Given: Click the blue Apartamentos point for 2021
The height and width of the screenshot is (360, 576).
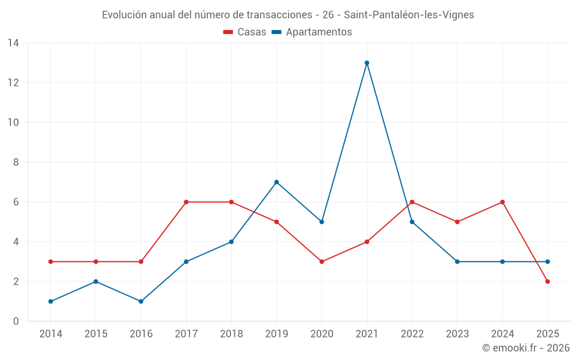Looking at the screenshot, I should tap(367, 63).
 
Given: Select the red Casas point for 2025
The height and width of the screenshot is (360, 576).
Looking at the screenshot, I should tap(548, 282).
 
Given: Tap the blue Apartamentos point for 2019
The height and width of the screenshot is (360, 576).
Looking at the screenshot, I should tap(276, 182).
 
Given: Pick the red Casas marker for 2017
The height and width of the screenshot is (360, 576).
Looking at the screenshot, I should tap(186, 202).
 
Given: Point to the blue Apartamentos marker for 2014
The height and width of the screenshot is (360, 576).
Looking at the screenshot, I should tap(51, 301).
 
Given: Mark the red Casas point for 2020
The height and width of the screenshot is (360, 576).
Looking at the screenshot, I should tap(321, 262).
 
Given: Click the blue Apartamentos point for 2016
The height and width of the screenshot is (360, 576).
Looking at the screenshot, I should tap(141, 301).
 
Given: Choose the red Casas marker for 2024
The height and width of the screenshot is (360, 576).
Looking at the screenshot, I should tap(502, 202).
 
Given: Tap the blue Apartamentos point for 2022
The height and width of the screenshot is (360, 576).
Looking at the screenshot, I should tap(412, 222).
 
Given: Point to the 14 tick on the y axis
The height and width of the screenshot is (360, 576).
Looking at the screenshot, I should tap(13, 43).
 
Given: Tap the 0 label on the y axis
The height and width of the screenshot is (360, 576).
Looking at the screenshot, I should tap(16, 321).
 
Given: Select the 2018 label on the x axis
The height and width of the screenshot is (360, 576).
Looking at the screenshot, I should tap(231, 334).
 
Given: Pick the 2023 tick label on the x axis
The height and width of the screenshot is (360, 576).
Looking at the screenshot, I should tap(457, 334).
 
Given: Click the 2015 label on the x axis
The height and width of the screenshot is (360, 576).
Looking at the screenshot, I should tap(96, 334).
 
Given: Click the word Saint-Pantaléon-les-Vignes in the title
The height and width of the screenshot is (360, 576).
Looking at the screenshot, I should tap(408, 15).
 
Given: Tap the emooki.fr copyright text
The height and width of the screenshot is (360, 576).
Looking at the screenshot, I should tap(526, 348).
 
